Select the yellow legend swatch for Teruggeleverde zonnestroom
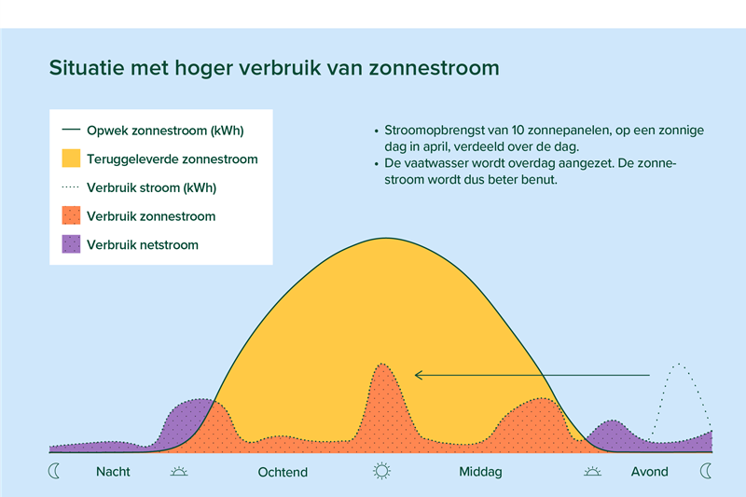(71, 159)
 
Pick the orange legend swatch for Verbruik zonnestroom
(71, 215)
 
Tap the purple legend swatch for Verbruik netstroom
(71, 244)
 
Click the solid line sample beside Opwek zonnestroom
(71, 130)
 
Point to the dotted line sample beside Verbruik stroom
(71, 186)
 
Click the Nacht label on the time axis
(113, 471)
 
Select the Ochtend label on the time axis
(283, 472)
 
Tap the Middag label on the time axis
(480, 472)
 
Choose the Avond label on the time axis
(649, 471)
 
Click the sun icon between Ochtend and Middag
(381, 471)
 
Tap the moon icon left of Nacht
(54, 471)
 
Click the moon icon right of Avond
(706, 471)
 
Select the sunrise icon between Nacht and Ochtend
(179, 471)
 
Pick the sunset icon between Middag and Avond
(592, 471)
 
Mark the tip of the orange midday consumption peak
(382, 364)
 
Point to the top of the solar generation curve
(386, 238)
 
